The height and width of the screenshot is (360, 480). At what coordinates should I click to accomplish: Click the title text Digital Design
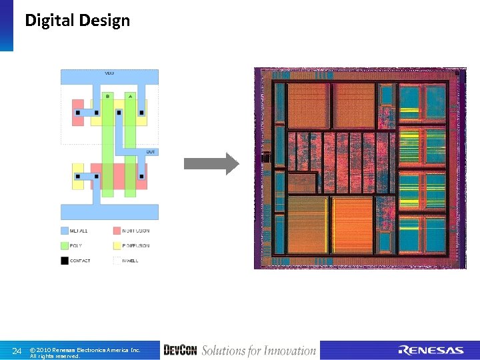click(x=77, y=21)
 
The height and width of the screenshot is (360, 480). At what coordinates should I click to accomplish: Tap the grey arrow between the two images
click(x=211, y=163)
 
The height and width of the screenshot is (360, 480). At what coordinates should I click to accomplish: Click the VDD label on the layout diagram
click(x=109, y=73)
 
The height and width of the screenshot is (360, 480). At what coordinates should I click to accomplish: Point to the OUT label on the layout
click(x=151, y=151)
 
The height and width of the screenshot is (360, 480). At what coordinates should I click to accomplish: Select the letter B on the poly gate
click(x=107, y=96)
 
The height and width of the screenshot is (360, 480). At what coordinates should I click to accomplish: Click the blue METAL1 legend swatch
click(x=65, y=231)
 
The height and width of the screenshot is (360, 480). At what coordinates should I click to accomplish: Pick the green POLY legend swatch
click(x=65, y=245)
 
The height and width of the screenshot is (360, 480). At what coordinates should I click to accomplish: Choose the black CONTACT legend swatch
click(x=65, y=261)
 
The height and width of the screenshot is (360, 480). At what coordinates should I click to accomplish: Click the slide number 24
click(x=17, y=351)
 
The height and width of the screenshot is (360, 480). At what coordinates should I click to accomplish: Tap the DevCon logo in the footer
click(x=179, y=351)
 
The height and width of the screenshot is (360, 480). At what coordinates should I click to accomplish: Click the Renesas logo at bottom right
click(x=431, y=351)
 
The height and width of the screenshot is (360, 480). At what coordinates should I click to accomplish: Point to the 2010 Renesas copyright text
click(x=85, y=349)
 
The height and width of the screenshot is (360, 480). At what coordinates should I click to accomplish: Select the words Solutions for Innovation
click(x=259, y=351)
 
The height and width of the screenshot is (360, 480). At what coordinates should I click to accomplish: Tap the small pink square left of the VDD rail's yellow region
click(x=77, y=112)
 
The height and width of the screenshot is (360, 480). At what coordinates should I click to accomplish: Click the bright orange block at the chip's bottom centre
click(x=352, y=225)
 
